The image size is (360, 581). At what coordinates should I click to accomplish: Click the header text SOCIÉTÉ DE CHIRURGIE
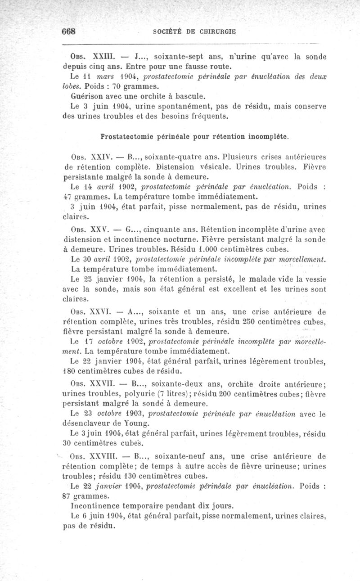(x=194, y=32)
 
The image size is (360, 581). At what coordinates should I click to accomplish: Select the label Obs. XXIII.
(x=88, y=58)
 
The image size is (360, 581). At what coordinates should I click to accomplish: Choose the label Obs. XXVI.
(x=87, y=311)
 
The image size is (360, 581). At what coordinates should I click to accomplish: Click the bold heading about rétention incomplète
(x=194, y=135)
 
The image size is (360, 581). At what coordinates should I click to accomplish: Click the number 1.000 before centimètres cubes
(x=200, y=249)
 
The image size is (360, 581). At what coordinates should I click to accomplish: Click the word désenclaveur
(x=84, y=424)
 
